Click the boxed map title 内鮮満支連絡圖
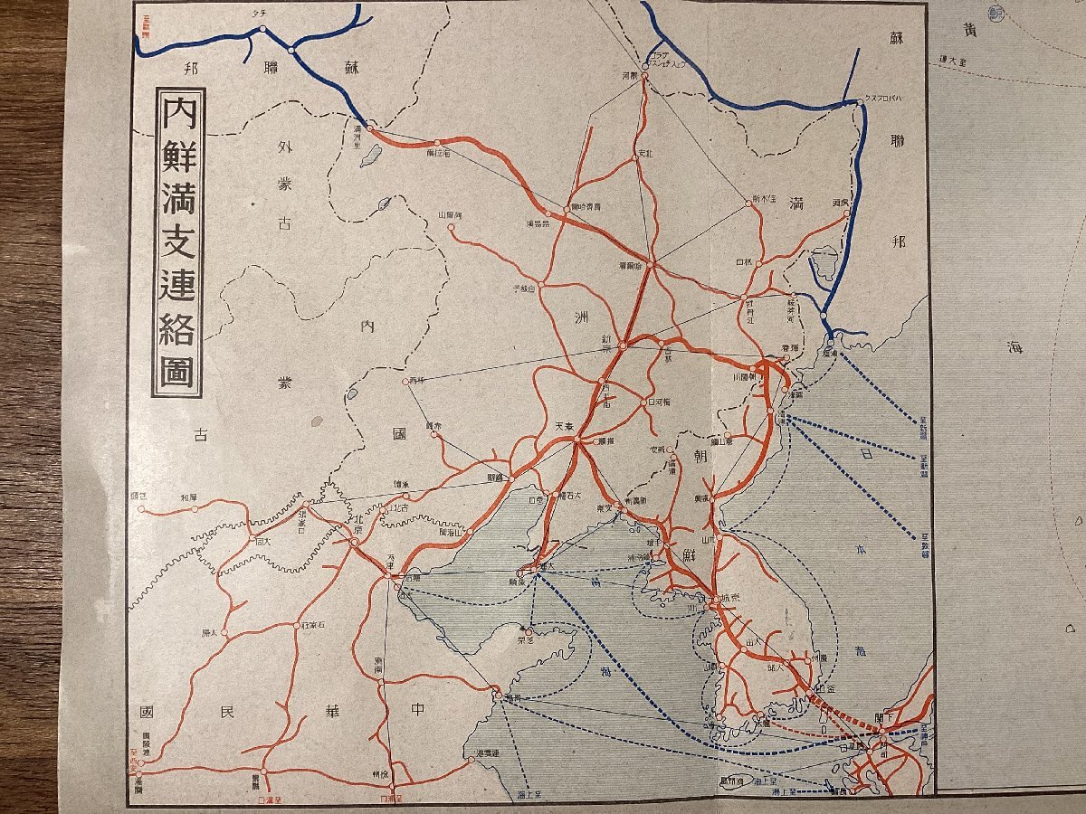[178, 242]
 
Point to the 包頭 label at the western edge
[138, 496]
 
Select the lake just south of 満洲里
[369, 156]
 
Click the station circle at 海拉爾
[437, 142]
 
